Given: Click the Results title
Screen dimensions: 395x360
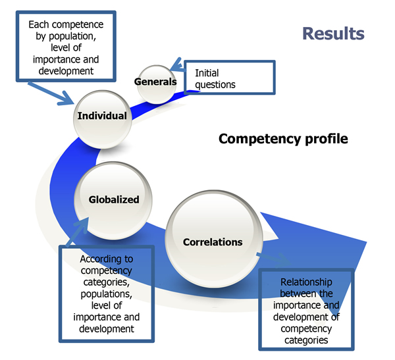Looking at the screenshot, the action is tap(333, 34).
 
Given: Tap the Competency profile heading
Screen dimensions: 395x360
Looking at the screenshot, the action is tap(283, 139).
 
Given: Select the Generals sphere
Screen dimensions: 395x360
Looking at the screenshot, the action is tap(156, 84).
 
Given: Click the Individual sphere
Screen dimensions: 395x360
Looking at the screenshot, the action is tap(102, 119).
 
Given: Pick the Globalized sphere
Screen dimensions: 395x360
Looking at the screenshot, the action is tap(113, 201).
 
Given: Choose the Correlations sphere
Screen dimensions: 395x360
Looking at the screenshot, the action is tap(214, 239).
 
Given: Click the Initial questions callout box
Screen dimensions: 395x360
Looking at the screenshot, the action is tap(230, 78).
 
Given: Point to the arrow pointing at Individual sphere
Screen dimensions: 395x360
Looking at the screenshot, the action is tap(51, 93).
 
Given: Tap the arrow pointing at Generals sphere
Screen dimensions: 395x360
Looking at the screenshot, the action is tap(178, 66).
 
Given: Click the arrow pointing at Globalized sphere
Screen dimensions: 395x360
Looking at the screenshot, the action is tap(78, 232).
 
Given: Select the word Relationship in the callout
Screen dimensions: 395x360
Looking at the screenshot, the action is tap(306, 282).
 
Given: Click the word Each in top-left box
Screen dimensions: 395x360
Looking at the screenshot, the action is tap(38, 24).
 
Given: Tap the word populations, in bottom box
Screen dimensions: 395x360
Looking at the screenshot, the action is tap(106, 294).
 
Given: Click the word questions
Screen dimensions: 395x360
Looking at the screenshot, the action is tap(215, 85).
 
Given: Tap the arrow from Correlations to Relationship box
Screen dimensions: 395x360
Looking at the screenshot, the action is tap(273, 259).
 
